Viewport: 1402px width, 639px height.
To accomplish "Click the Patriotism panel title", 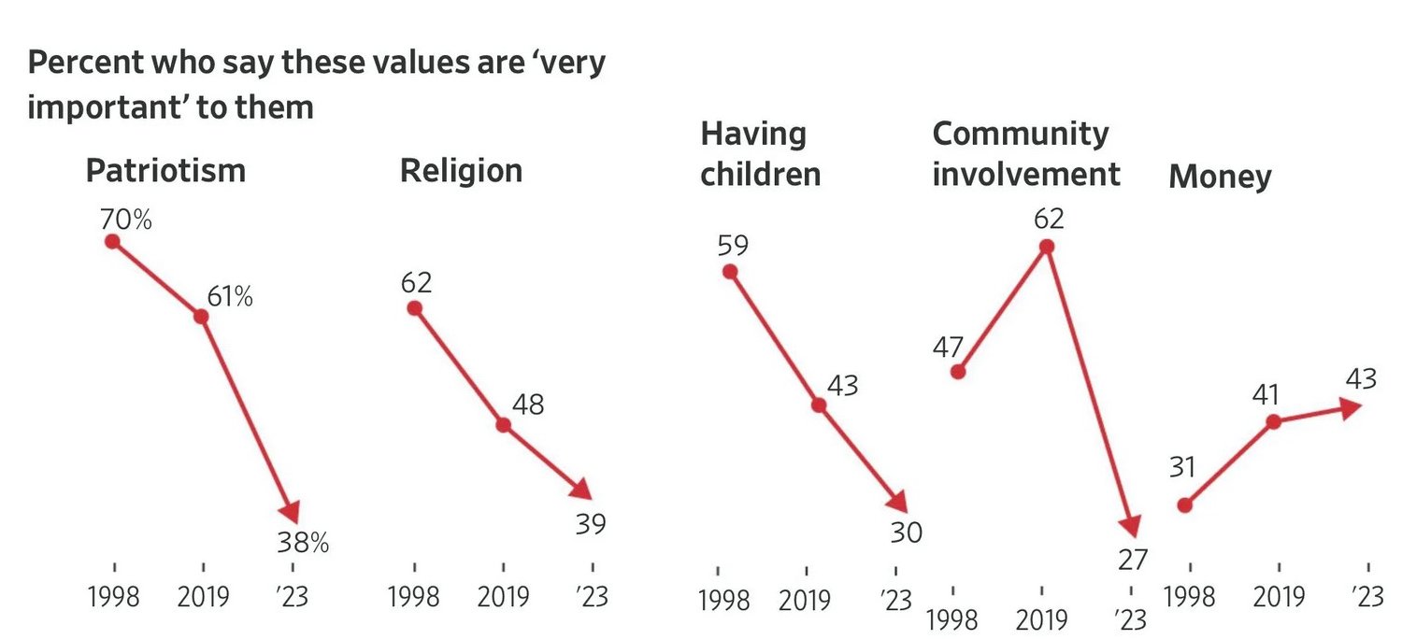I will pos(165,171).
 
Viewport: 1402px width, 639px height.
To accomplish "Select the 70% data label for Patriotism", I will pos(126,221).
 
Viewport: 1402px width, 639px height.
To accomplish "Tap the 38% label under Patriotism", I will pos(304,543).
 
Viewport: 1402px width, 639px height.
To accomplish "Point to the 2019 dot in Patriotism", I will pos(201,316).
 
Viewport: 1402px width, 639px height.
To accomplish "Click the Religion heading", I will pos(461,171).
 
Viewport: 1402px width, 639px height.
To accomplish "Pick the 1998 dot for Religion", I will pos(414,308).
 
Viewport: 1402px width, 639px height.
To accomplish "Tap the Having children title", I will pos(760,154).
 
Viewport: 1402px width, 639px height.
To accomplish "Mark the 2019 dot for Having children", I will pos(819,405).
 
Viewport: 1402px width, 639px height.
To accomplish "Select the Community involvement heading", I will pos(1025,154).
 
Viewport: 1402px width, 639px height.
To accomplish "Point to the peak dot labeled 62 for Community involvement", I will pos(1047,246).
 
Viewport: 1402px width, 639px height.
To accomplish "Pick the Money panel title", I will pos(1220,177).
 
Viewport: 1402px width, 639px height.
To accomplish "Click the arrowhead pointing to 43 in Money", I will pos(1350,406).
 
